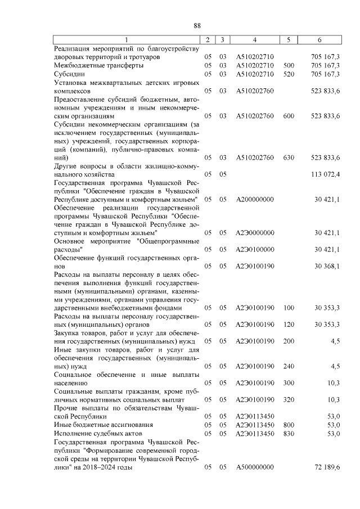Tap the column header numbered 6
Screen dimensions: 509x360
pos(319,40)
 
